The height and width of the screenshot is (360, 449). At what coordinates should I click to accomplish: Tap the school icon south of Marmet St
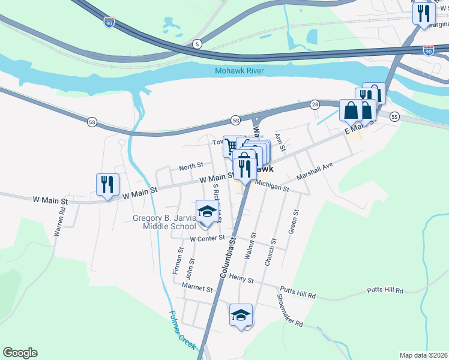click(241, 315)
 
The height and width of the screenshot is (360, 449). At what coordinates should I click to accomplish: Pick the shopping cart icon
click(231, 145)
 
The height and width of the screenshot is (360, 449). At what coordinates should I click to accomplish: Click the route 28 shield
click(315, 104)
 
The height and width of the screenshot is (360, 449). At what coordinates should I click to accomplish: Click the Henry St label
click(242, 280)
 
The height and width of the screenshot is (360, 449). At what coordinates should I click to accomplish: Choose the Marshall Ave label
click(314, 171)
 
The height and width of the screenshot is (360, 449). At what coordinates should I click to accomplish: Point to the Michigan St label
click(272, 188)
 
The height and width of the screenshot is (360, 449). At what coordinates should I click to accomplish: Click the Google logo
click(20, 353)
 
